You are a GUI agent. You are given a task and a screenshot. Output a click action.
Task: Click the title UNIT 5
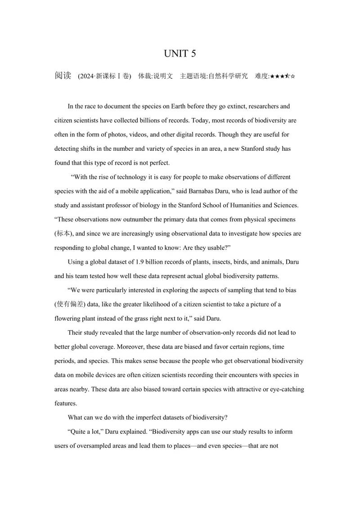coord(180,54)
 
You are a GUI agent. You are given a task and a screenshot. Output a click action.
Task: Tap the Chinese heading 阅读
coord(63,76)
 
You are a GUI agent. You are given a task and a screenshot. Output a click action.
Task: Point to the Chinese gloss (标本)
coord(64,234)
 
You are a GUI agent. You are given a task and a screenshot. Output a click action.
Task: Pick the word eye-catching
coord(287,389)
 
